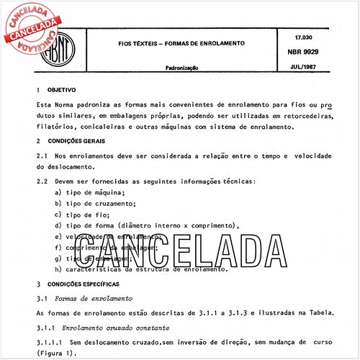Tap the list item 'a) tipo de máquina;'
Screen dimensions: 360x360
tap(90, 194)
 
